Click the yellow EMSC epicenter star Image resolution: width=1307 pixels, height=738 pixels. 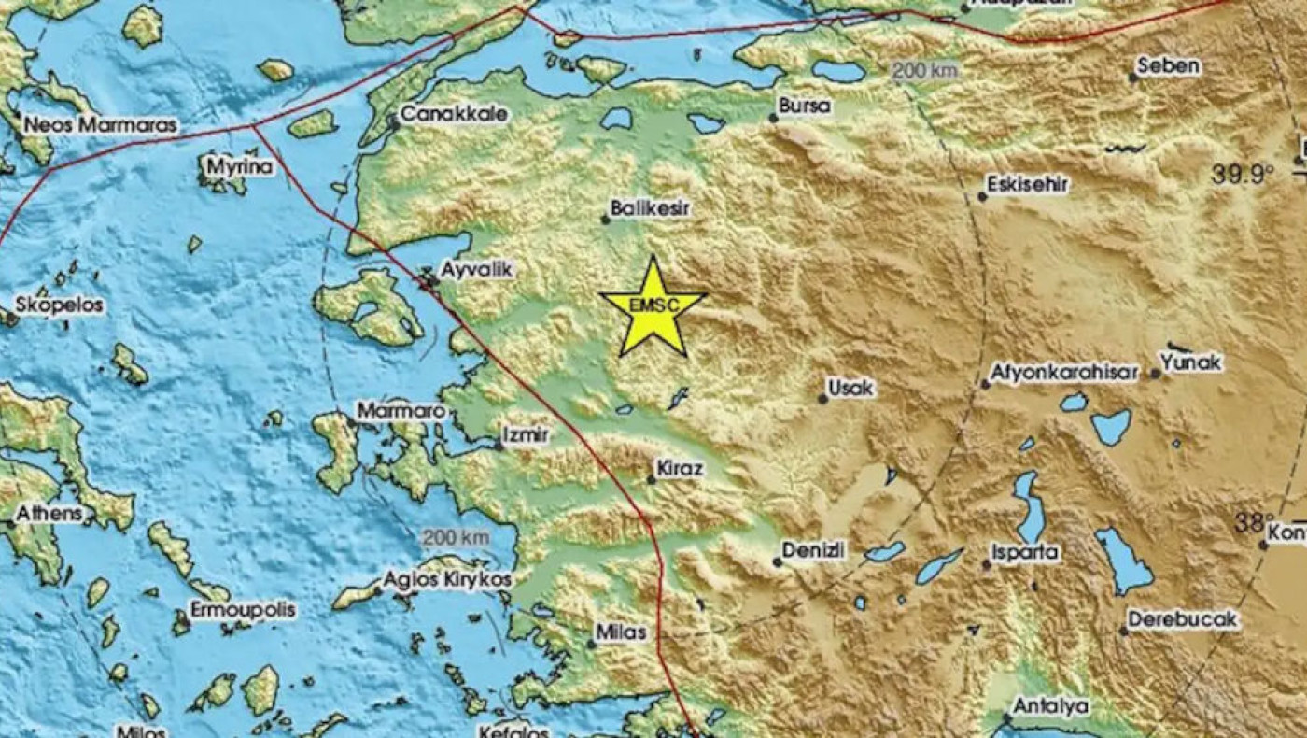coord(653,308)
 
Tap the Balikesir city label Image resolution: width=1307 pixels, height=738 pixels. coord(650,209)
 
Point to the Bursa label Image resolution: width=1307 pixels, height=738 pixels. coord(804,106)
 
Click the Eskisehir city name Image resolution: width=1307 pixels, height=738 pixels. coord(1030,185)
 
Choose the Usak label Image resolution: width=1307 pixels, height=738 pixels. coord(852,388)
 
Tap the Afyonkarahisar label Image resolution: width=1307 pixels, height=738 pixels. coord(1065,373)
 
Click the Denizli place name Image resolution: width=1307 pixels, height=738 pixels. coord(813,551)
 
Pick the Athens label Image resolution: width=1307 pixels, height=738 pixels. coord(49,514)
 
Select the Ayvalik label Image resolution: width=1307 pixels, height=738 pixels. coord(476,269)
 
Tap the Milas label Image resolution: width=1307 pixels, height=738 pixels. coord(622,632)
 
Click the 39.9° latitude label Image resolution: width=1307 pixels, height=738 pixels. coord(1244,174)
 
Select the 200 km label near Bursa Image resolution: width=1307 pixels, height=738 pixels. coord(923,71)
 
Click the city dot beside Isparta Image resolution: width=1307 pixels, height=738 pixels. coord(986,564)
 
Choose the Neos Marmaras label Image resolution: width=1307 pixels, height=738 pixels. coord(100,124)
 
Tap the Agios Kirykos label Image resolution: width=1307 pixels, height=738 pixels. coord(447,580)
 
